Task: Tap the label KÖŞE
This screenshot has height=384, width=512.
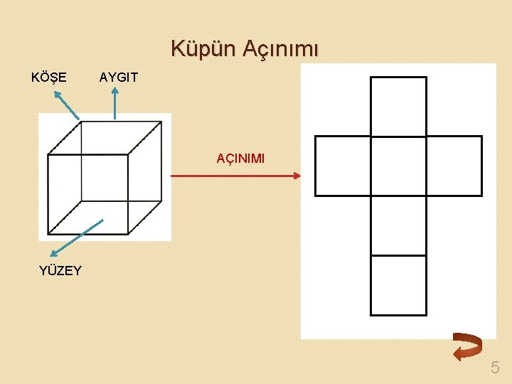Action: pyautogui.click(x=49, y=76)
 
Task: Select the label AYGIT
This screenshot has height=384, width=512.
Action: pyautogui.click(x=119, y=76)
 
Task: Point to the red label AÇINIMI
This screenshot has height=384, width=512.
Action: pyautogui.click(x=240, y=159)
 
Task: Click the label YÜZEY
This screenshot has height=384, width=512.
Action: pyautogui.click(x=60, y=270)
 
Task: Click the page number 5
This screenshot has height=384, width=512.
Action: pyautogui.click(x=495, y=368)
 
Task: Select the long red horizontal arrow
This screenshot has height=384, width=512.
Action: pyautogui.click(x=235, y=176)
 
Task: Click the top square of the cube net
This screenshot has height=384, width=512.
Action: pyautogui.click(x=398, y=106)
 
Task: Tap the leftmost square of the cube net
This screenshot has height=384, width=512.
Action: pyautogui.click(x=343, y=166)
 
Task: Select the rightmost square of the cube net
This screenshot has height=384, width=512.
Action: pyautogui.click(x=454, y=166)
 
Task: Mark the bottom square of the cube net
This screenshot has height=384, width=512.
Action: pyautogui.click(x=398, y=285)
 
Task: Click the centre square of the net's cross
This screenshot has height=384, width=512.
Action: pyautogui.click(x=398, y=166)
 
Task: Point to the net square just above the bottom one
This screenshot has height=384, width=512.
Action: pyautogui.click(x=398, y=225)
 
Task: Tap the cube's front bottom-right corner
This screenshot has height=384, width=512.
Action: pyautogui.click(x=128, y=233)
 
